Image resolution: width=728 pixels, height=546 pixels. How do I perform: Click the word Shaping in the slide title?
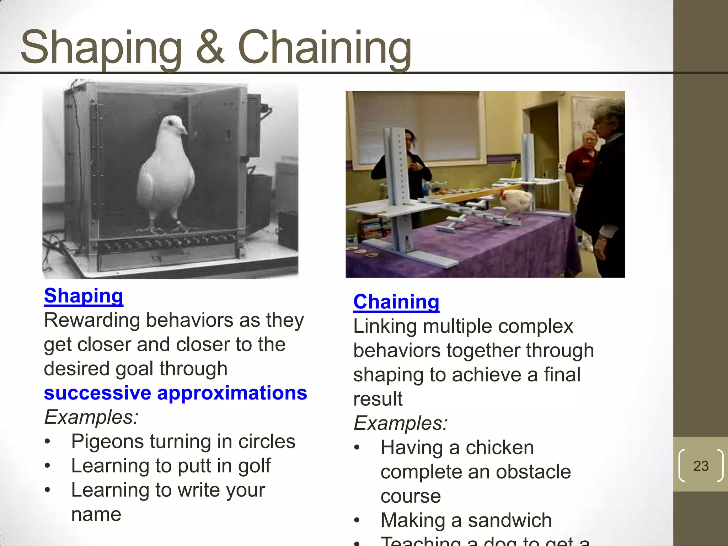(101, 48)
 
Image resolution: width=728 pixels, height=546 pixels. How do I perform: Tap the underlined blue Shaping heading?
(84, 296)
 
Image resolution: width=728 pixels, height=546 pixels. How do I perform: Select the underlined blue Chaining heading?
(396, 302)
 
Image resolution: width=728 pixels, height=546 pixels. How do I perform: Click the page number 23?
(701, 466)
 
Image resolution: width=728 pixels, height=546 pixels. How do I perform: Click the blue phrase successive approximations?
(175, 393)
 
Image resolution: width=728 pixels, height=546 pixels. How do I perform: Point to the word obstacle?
(533, 472)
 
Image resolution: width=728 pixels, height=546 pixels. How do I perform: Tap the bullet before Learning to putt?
(48, 466)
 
